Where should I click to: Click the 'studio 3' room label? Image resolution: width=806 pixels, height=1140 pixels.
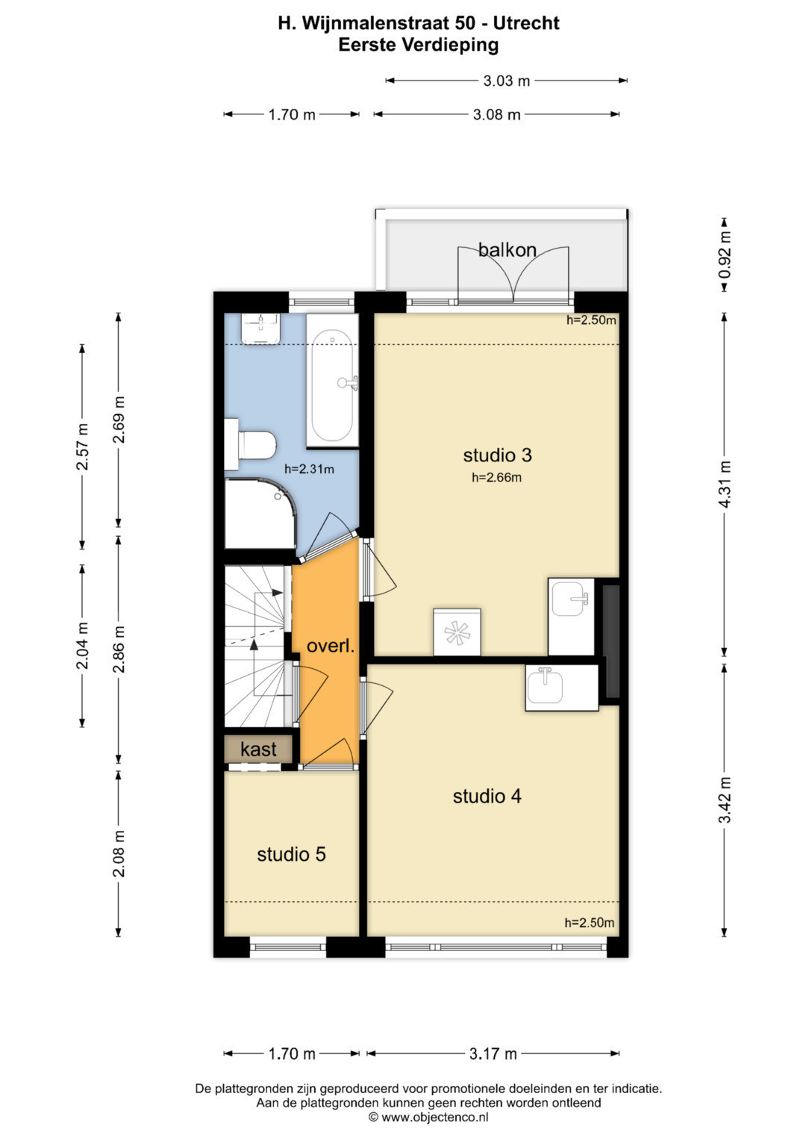497,455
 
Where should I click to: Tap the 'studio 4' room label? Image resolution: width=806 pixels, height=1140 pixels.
487,796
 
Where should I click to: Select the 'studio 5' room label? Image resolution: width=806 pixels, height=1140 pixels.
291,854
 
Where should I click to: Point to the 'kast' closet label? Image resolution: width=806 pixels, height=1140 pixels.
258,749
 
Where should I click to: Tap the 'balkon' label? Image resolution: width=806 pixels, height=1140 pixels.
507,249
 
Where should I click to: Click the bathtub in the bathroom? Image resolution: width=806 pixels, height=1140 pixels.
332,381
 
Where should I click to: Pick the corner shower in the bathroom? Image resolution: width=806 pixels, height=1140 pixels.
260,514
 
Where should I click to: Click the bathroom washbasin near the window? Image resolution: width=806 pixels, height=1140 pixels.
261,328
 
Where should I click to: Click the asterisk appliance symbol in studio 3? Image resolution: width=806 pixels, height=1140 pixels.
457,632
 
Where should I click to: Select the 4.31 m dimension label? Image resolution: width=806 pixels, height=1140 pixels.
725,484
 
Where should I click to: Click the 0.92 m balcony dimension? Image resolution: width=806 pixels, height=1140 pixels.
725,255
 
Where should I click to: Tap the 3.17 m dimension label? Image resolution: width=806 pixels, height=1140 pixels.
493,1054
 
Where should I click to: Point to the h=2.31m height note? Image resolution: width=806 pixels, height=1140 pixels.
310,469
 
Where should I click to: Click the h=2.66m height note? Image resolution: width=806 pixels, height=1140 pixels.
496,477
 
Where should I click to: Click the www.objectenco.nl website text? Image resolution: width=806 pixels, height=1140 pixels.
435,1117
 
